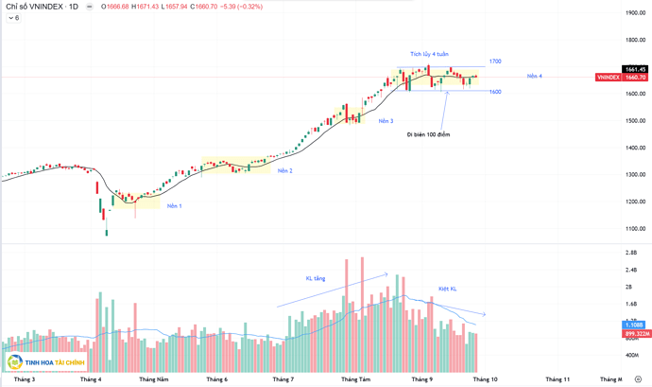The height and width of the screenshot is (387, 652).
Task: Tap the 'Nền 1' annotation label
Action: (175, 205)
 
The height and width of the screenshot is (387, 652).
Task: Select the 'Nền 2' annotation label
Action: (284, 171)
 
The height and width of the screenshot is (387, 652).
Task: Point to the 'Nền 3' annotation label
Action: (386, 121)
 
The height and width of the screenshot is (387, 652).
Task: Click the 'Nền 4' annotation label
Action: (534, 76)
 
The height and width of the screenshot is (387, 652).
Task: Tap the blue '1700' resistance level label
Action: (494, 62)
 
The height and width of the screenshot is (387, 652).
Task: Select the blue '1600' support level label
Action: (494, 92)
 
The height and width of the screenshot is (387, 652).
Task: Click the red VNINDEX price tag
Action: (622, 78)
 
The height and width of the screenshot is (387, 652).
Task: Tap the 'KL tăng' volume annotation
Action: (315, 279)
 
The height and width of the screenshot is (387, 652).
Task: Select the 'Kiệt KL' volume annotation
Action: (447, 289)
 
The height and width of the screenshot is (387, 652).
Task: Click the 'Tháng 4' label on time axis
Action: (92, 379)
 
